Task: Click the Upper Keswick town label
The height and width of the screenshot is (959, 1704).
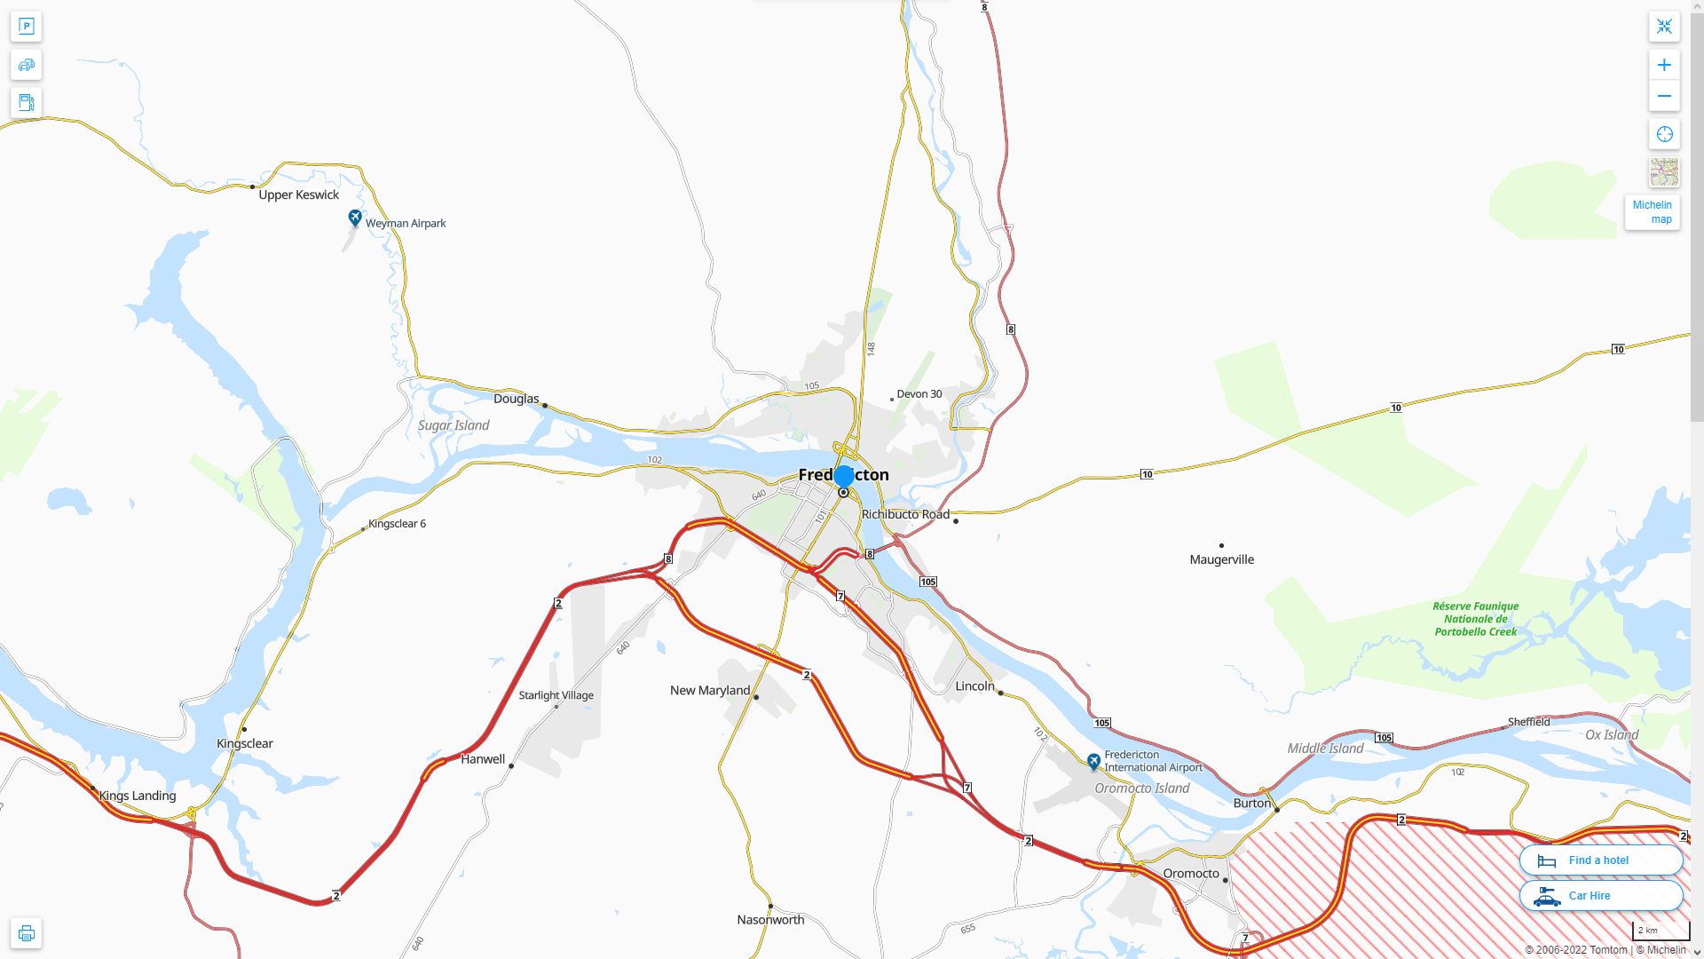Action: click(x=298, y=194)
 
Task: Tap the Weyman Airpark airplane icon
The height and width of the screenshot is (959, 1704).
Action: click(x=355, y=218)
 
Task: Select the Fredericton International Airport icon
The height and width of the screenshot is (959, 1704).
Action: click(x=1093, y=761)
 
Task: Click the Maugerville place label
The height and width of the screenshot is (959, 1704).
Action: click(x=1221, y=559)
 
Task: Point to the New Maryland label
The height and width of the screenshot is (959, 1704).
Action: click(x=709, y=690)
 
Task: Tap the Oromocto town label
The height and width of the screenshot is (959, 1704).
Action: click(x=1190, y=873)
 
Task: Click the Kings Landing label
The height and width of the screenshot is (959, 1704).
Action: click(x=138, y=796)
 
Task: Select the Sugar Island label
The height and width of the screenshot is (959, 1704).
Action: click(x=454, y=425)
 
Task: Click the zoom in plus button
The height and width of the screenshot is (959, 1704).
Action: click(x=1664, y=65)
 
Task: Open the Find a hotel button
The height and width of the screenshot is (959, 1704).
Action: click(x=1600, y=860)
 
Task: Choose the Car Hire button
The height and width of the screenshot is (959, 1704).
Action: click(x=1600, y=895)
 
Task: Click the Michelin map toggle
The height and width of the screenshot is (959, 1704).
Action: click(x=1652, y=212)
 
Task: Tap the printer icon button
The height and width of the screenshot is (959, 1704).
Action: click(x=26, y=932)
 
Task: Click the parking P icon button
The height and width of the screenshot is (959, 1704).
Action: click(x=26, y=27)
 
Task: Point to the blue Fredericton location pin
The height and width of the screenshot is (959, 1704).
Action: click(x=844, y=477)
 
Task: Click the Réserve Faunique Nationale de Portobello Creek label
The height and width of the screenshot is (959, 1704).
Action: click(x=1475, y=619)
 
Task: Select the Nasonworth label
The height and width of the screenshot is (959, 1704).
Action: click(x=770, y=919)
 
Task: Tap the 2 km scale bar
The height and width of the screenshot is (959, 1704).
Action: click(x=1660, y=931)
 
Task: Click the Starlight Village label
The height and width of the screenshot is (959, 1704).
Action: click(x=556, y=695)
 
